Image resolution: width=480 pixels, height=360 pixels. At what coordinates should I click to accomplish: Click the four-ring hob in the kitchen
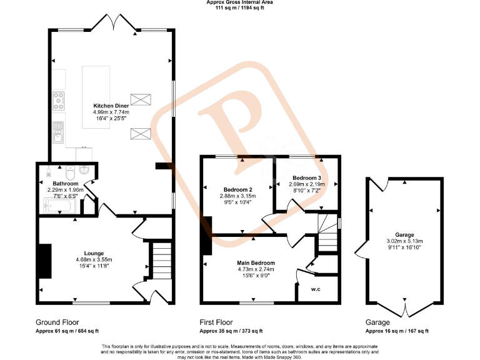pos(59,98)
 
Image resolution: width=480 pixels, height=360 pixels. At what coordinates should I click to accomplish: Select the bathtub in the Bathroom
pos(58,204)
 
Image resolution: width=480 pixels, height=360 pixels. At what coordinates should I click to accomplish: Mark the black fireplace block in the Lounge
pos(44,261)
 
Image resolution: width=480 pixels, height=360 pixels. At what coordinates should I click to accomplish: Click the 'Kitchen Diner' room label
pos(111,106)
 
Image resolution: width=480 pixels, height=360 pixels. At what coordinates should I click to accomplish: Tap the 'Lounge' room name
pos(94,252)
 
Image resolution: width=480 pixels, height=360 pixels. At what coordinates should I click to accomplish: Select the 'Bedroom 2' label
pos(237,189)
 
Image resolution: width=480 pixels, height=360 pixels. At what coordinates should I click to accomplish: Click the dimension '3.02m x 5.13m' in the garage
pos(404,241)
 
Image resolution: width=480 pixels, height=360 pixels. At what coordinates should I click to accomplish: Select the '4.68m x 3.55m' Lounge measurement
pos(94,259)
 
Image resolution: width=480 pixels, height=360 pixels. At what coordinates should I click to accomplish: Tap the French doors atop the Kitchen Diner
pos(111,24)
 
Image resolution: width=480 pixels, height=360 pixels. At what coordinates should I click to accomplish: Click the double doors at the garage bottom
pos(404,311)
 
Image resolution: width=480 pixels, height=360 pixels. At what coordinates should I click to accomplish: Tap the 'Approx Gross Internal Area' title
pos(239,2)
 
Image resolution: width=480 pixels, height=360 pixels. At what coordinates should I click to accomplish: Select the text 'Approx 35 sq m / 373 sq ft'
pos(231,331)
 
